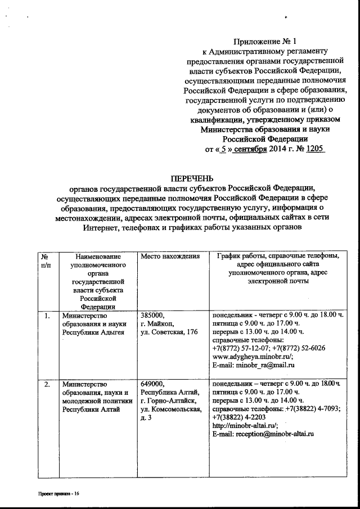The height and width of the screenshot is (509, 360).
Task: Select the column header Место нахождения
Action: pos(170,257)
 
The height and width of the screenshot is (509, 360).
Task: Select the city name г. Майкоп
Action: pos(158,325)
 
